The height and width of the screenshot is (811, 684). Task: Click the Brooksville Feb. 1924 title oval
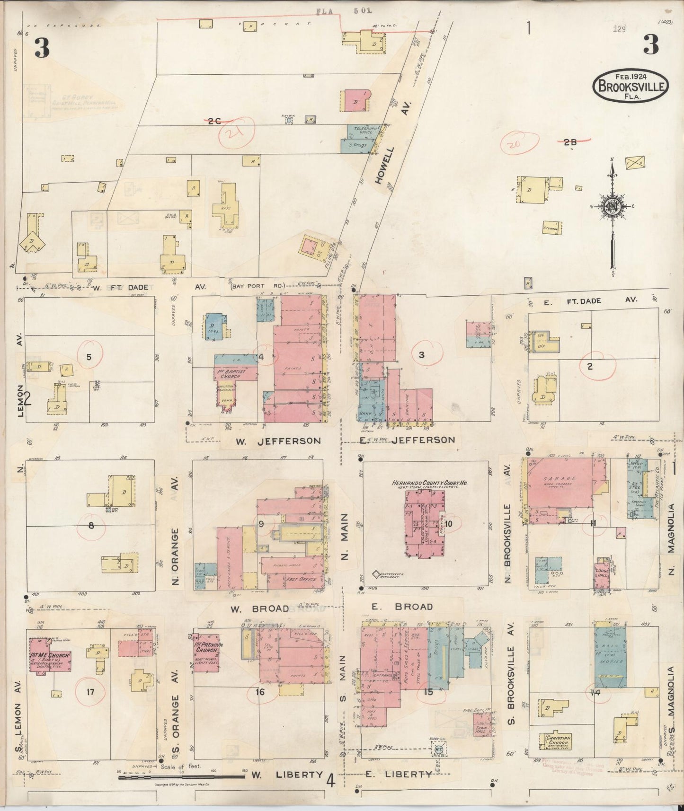coord(631,85)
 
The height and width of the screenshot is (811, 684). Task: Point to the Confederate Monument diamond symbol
coord(377,574)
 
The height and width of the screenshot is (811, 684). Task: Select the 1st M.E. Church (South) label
coord(51,657)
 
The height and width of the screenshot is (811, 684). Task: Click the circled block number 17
coord(90,692)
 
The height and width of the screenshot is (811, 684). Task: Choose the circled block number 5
coord(89,357)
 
